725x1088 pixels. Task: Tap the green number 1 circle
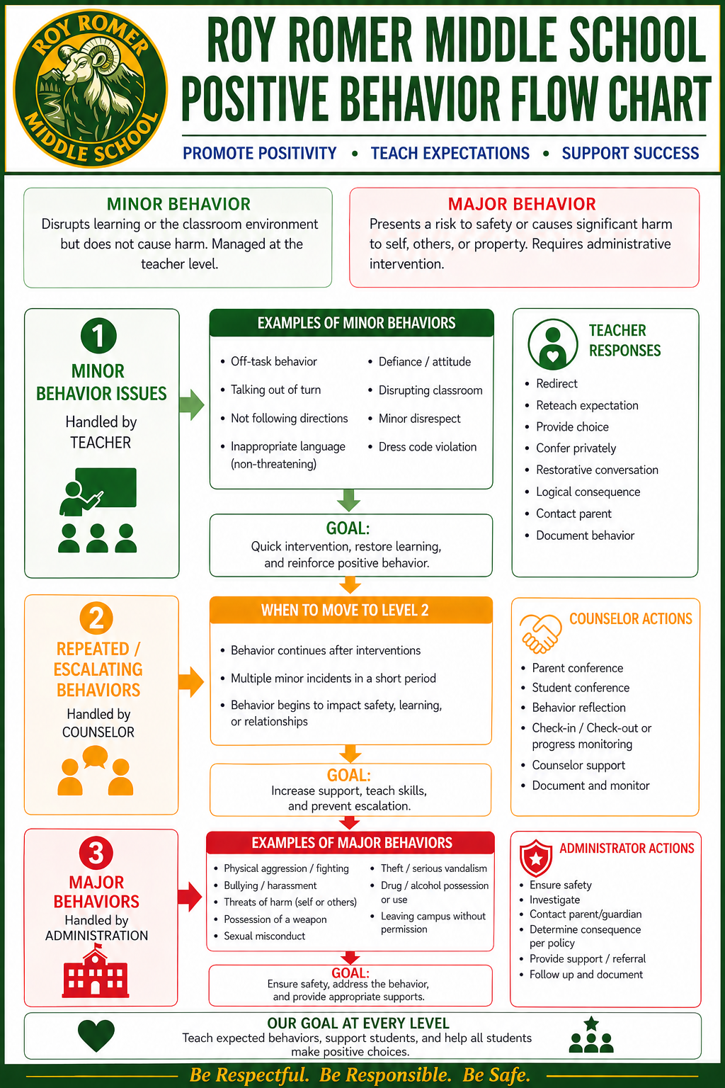tap(98, 336)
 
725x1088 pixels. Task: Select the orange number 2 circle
tap(96, 618)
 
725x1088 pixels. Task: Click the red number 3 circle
tap(96, 853)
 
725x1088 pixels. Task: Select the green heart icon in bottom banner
tap(96, 1035)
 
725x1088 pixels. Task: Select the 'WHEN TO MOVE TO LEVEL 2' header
tap(345, 610)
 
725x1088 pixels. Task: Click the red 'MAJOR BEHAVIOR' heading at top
tap(522, 204)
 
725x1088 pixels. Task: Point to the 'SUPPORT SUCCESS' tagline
tap(630, 154)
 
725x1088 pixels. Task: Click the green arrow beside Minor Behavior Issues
tap(192, 404)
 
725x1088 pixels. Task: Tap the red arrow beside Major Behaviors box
tap(190, 896)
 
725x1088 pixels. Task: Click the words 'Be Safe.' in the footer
tap(496, 1075)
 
